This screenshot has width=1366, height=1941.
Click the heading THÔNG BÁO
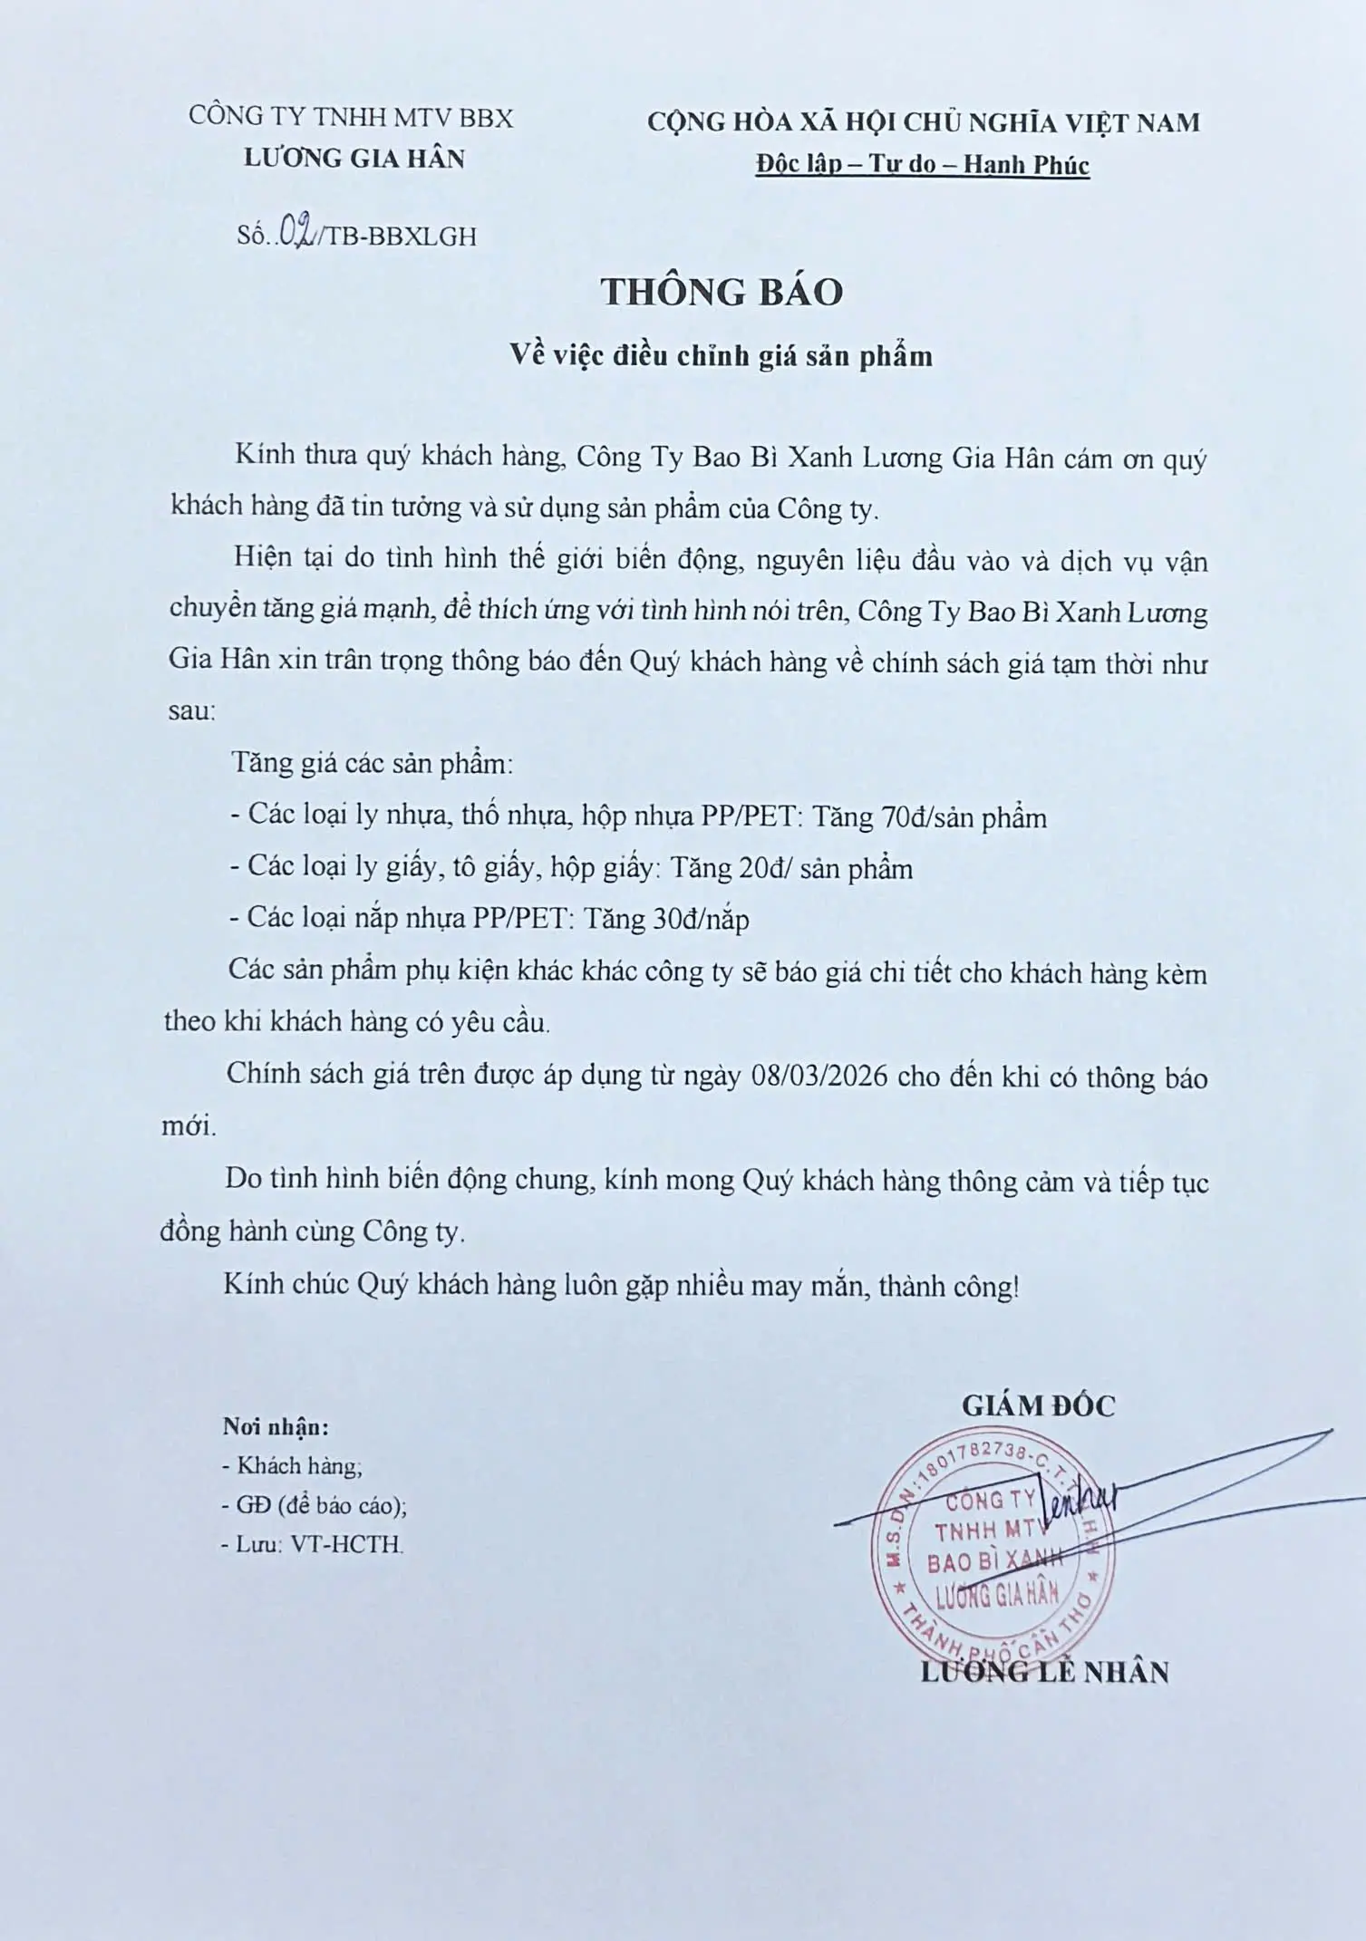click(722, 292)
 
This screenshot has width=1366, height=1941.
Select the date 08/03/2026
click(819, 1077)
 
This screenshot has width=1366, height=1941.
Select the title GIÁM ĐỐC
click(1038, 1405)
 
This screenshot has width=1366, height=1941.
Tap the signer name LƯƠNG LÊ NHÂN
click(1044, 1673)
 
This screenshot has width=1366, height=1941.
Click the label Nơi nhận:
click(276, 1427)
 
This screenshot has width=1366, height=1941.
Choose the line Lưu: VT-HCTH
click(311, 1544)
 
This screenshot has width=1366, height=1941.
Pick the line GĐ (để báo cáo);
click(313, 1505)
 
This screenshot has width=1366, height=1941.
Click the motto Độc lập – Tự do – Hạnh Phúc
click(923, 164)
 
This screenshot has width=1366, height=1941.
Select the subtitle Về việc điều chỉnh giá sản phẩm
click(721, 355)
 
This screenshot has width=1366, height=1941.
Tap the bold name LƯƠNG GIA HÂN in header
click(354, 159)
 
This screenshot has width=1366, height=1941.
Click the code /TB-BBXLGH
click(396, 237)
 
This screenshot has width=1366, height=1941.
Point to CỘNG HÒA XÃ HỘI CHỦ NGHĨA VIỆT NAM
click(923, 122)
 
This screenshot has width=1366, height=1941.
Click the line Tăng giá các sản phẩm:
click(372, 763)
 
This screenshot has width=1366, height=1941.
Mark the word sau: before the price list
click(191, 711)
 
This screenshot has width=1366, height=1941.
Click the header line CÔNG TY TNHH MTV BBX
click(351, 117)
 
